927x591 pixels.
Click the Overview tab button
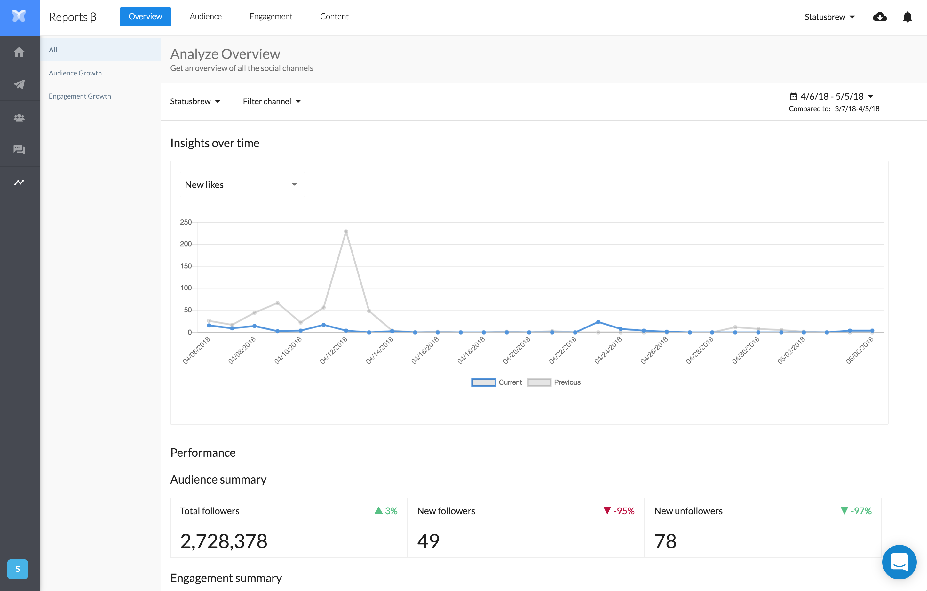pos(145,17)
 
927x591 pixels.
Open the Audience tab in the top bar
pos(206,17)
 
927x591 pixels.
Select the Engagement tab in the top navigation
pos(271,17)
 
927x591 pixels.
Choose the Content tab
pos(334,17)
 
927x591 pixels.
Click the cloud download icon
pos(880,17)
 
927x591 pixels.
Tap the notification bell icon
pos(907,17)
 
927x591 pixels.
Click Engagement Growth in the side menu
pos(80,96)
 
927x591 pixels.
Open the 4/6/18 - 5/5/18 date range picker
pos(832,96)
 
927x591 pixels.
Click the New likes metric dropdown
pos(241,185)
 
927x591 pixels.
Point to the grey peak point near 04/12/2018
pos(346,231)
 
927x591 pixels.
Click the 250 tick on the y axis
pos(186,222)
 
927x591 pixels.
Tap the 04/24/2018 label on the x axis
pos(608,350)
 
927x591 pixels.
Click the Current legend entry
pos(496,382)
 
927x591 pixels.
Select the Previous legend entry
pos(554,382)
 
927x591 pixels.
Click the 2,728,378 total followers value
pos(224,541)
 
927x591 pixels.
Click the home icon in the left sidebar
pos(19,52)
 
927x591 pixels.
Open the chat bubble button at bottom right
pos(899,562)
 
